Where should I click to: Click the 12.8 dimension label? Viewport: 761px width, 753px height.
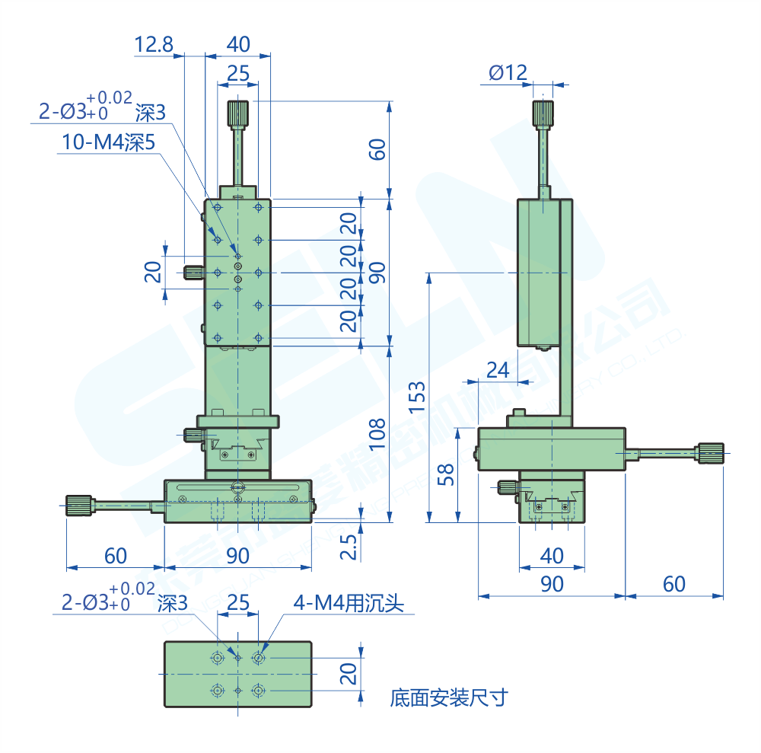(x=154, y=45)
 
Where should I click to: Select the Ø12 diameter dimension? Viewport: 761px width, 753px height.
(x=508, y=72)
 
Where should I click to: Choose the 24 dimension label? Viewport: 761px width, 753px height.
(x=497, y=370)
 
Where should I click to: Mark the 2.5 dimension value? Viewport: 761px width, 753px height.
(x=348, y=547)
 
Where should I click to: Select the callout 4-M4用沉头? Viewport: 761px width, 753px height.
(x=349, y=604)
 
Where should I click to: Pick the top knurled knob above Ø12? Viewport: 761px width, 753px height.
(x=543, y=113)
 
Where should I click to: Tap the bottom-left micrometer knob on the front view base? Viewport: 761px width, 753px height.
(x=78, y=506)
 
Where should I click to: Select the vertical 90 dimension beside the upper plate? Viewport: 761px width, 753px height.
(x=376, y=272)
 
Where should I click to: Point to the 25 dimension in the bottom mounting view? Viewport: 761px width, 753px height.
(x=238, y=604)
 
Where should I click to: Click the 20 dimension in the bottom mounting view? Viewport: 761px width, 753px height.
(x=348, y=673)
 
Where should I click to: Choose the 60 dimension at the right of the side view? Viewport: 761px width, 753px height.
(x=673, y=584)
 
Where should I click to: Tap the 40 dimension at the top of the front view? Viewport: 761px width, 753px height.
(x=238, y=45)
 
